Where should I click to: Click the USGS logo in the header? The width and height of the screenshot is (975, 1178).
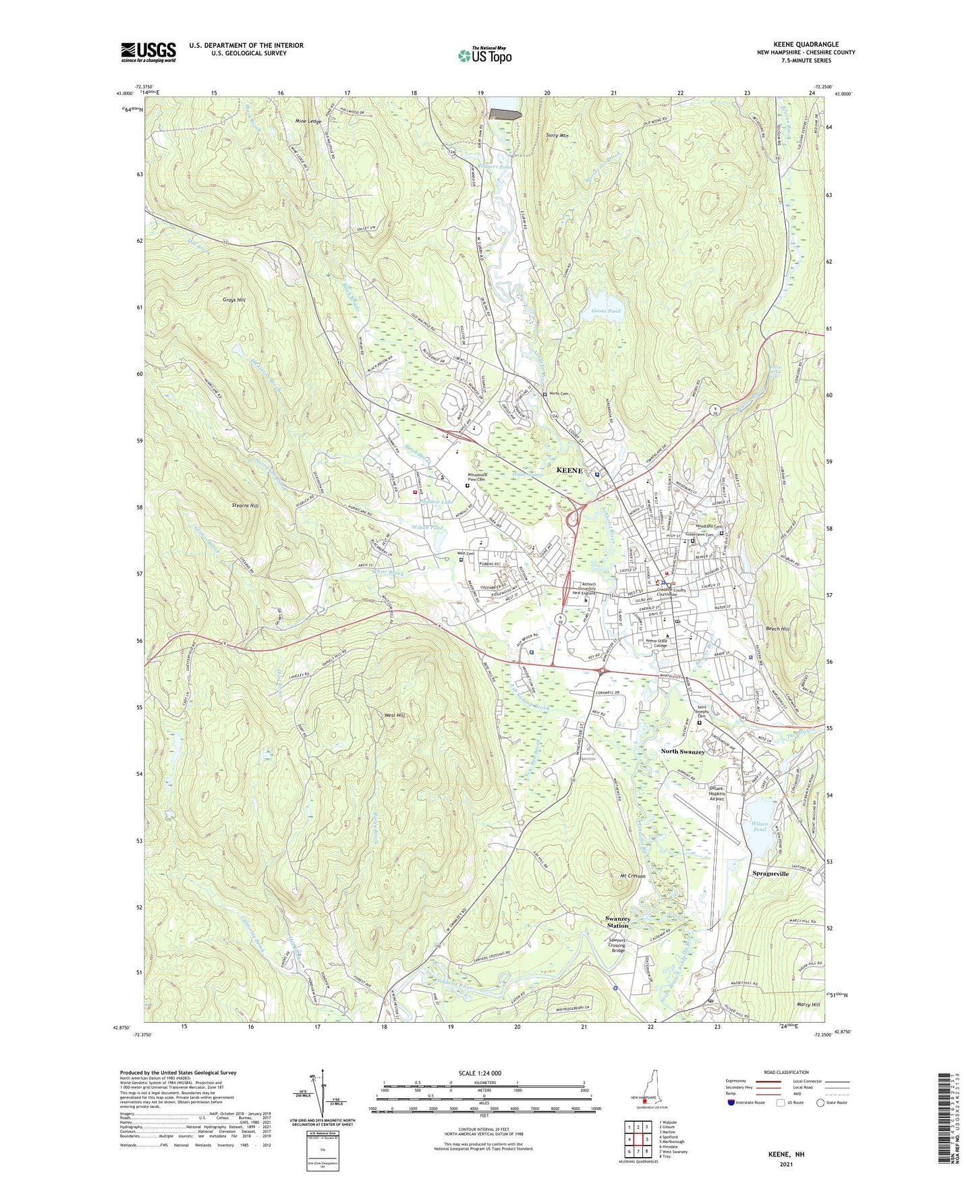pyautogui.click(x=148, y=52)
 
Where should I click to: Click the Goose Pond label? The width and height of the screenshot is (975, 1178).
pyautogui.click(x=605, y=311)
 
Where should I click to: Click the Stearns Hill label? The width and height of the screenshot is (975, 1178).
pyautogui.click(x=244, y=505)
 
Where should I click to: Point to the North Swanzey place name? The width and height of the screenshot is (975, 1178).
pyautogui.click(x=682, y=752)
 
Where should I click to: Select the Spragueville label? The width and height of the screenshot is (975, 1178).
pyautogui.click(x=771, y=873)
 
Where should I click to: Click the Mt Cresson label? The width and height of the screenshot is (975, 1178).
pyautogui.click(x=632, y=876)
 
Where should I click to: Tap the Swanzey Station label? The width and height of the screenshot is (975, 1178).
pyautogui.click(x=617, y=923)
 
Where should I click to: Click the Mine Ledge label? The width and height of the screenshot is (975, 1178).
pyautogui.click(x=308, y=121)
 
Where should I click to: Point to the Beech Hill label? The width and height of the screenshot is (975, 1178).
pyautogui.click(x=777, y=628)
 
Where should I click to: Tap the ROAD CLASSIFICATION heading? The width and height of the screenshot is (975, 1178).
pyautogui.click(x=787, y=1072)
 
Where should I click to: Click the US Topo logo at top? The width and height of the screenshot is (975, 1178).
pyautogui.click(x=484, y=55)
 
